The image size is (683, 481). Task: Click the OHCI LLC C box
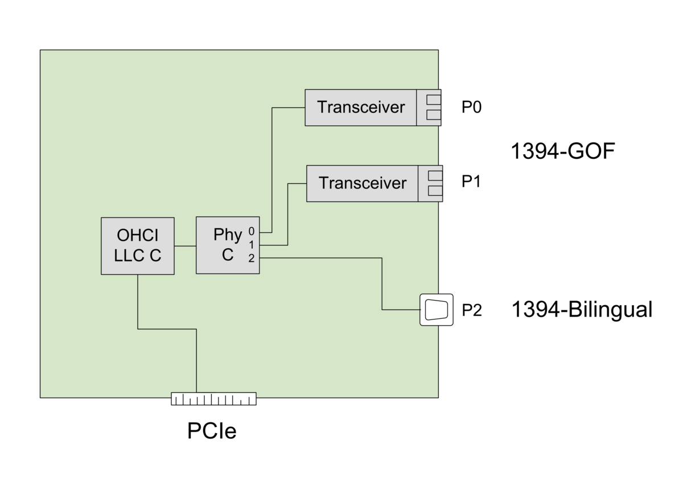coord(138,246)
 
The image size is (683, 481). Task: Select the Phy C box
coord(228,245)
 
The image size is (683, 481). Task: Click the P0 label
coord(471,107)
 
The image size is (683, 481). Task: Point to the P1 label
coord(471,181)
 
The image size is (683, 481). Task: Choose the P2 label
coord(472,310)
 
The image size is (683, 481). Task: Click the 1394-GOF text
coord(563,151)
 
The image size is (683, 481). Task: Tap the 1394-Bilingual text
coord(582,310)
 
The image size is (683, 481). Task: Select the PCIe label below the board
coord(212,431)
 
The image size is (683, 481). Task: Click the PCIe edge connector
coord(213,398)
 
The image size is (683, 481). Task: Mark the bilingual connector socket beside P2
coord(437,310)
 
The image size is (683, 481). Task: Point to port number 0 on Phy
coord(251,231)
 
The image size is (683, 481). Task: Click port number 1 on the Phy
coord(251,245)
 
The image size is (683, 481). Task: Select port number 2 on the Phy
coord(251,258)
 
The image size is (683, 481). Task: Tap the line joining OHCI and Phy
coord(185,246)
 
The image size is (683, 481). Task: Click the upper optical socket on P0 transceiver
coord(434,100)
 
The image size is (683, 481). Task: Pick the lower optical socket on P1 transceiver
coord(435,191)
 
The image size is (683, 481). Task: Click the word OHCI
coord(138,235)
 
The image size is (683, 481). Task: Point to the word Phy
coord(228,235)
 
